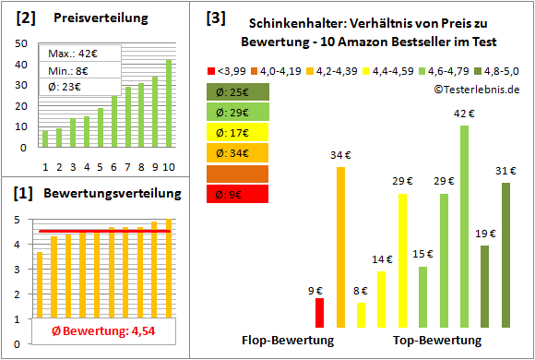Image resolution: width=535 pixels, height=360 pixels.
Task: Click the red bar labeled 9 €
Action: point(319,312)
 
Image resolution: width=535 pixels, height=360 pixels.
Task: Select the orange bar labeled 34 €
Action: point(340,246)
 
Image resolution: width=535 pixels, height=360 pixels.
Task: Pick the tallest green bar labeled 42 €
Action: point(464,226)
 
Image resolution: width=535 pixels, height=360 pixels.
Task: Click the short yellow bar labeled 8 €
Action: point(361,315)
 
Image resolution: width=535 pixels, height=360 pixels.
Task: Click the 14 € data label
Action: point(381,260)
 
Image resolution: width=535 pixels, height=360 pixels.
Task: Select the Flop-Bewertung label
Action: point(287,340)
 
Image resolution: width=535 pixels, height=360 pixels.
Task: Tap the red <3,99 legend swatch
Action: point(211,70)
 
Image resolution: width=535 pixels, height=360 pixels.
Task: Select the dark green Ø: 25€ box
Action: point(238,92)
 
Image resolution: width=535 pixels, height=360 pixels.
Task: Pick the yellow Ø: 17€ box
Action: point(238,133)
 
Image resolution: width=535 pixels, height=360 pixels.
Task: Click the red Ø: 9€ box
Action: point(238,194)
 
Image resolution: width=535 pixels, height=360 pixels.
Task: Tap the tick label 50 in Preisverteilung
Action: point(20,45)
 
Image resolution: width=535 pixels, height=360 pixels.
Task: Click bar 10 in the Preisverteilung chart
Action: point(169,102)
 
